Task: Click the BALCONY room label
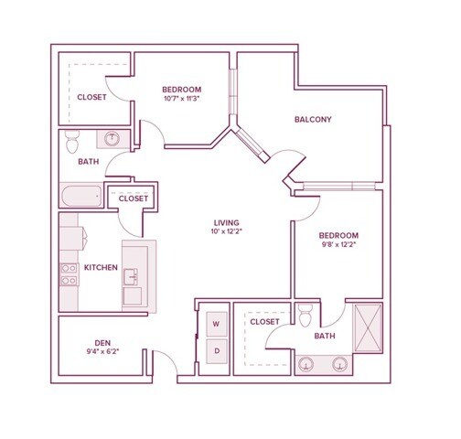point(313,119)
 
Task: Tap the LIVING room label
point(226,222)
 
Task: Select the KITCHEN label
point(101,267)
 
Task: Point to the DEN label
point(102,343)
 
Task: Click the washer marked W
point(217,324)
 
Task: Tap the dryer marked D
point(217,351)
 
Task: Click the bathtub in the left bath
point(81,196)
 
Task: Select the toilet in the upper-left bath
point(72,142)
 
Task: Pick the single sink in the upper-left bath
point(112,139)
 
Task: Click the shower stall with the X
point(368,328)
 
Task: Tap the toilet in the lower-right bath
point(305,316)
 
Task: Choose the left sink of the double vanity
point(306,364)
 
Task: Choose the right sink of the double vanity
point(340,364)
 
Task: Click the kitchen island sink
point(131,276)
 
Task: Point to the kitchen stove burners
point(69,274)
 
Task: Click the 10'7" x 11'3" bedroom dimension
point(182,99)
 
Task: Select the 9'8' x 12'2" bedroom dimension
point(339,244)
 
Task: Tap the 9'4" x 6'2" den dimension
point(102,351)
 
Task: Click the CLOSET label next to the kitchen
point(134,198)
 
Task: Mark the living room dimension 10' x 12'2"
point(226,231)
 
